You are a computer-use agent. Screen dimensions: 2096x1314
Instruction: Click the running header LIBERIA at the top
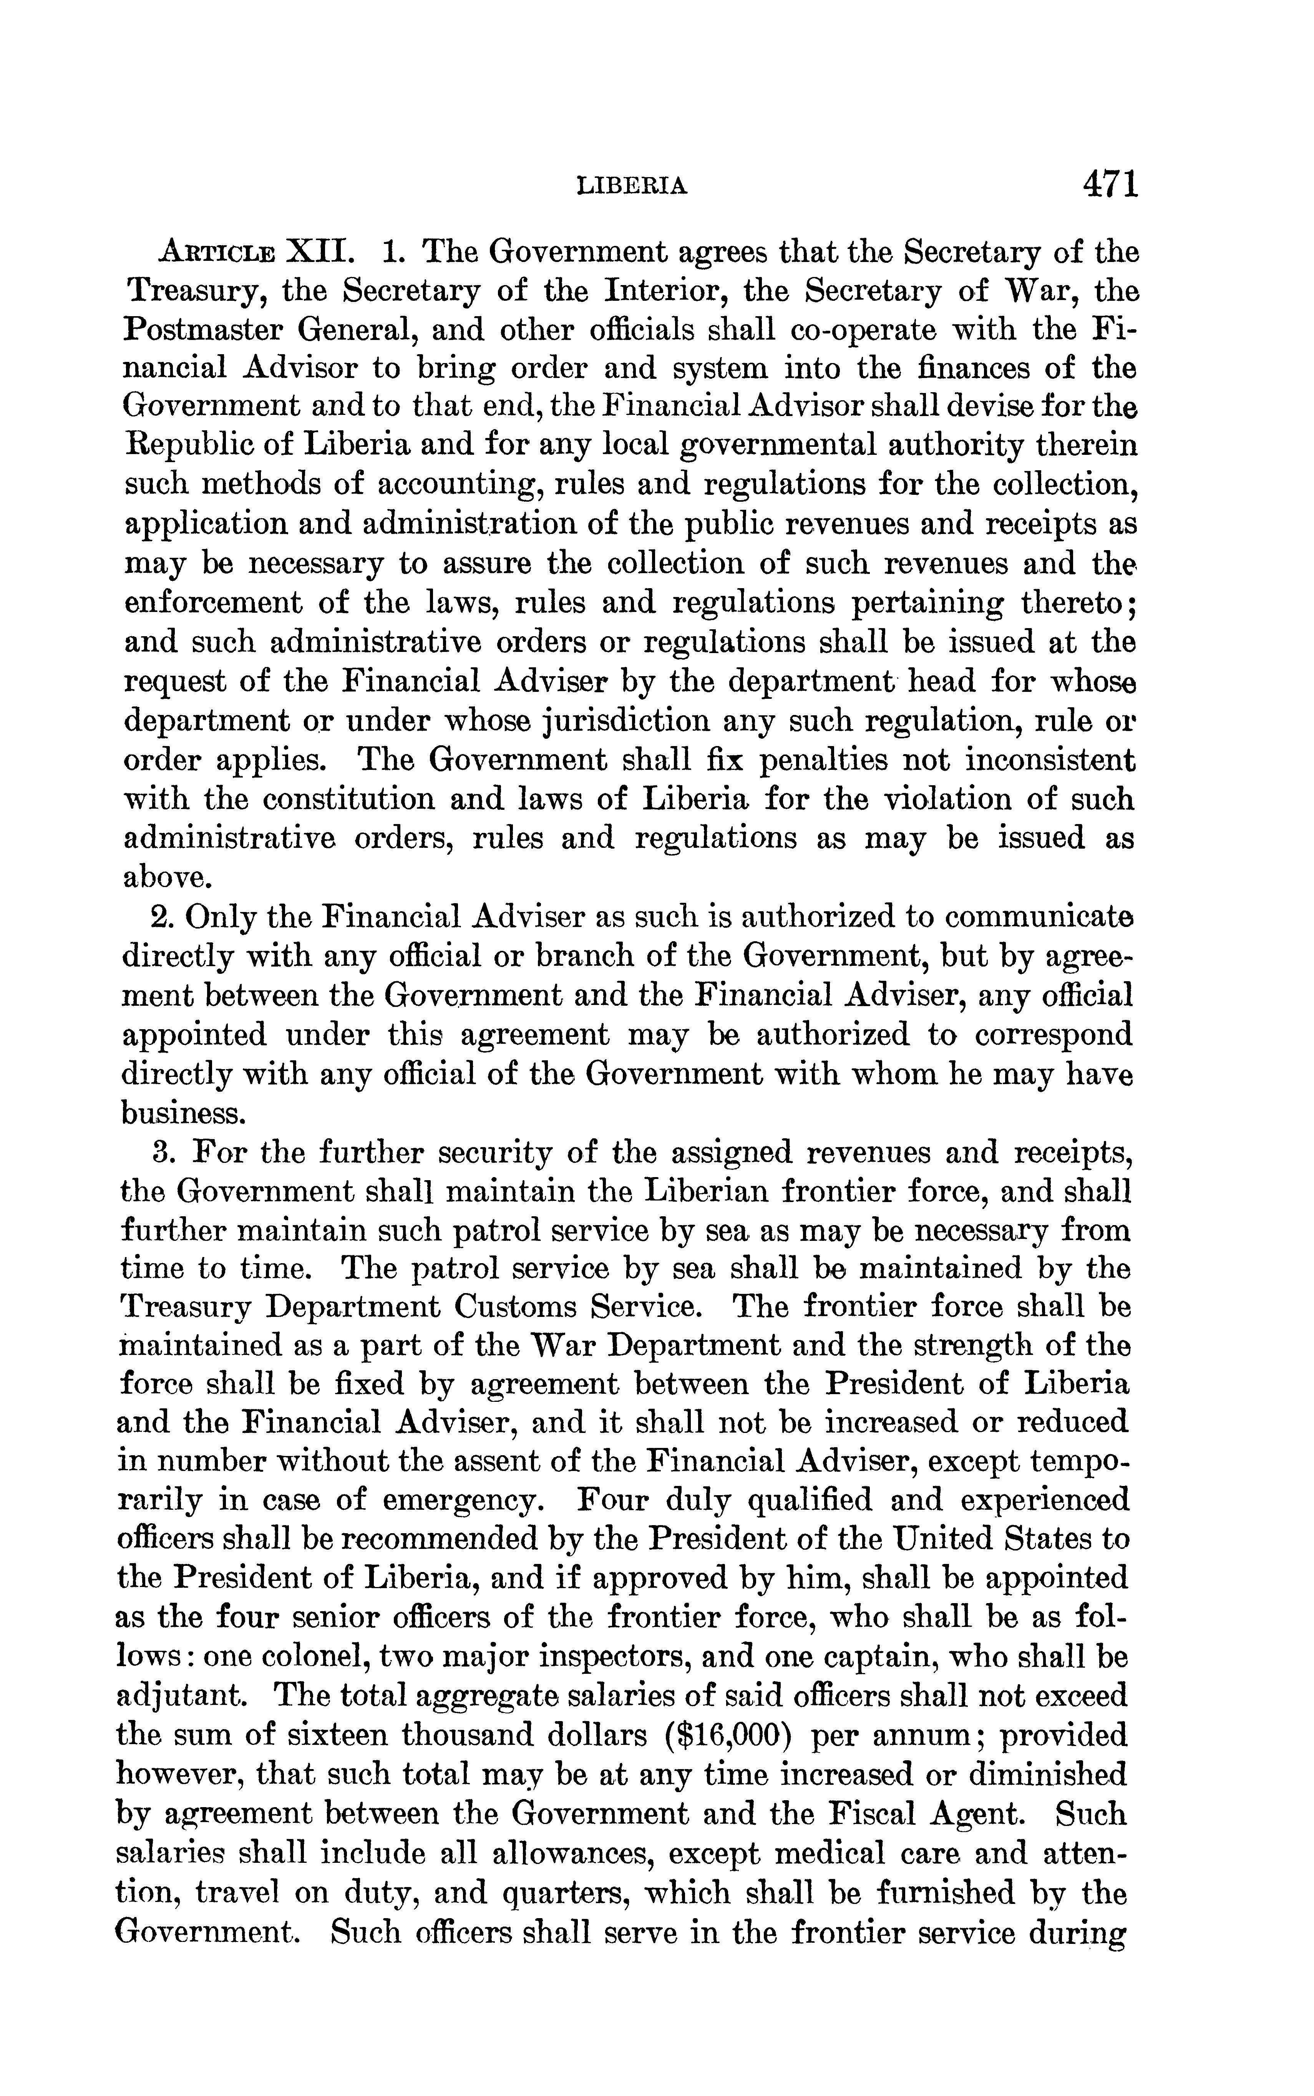pyautogui.click(x=633, y=186)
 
